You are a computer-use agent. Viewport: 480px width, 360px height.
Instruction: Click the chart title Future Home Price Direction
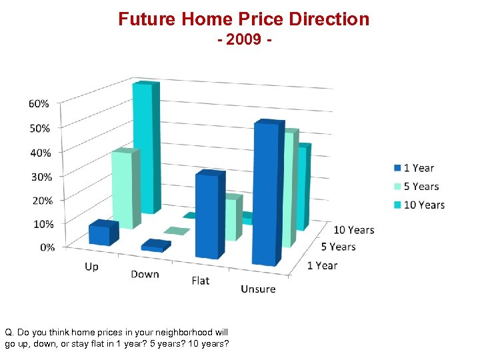pyautogui.click(x=243, y=19)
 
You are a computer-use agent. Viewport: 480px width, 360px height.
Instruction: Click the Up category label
pyautogui.click(x=91, y=267)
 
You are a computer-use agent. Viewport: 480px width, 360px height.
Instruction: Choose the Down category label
pyautogui.click(x=145, y=274)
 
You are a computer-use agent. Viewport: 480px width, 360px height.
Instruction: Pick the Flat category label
pyautogui.click(x=200, y=281)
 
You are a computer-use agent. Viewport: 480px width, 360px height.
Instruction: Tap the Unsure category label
pyautogui.click(x=258, y=289)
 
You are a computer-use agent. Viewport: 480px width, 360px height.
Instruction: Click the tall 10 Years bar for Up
pyautogui.click(x=143, y=147)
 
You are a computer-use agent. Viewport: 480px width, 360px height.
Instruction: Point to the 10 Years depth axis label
pyautogui.click(x=353, y=230)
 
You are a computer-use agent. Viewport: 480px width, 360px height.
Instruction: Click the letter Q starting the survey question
pyautogui.click(x=9, y=332)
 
